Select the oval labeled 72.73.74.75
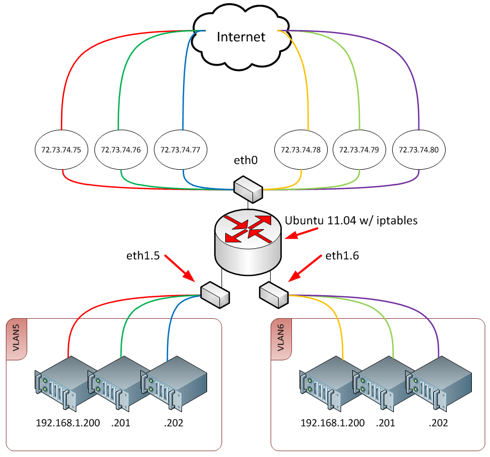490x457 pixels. (x=61, y=150)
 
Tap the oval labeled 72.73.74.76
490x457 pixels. (x=121, y=150)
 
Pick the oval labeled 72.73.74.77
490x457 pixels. (x=180, y=150)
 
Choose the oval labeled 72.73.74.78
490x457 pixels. (x=301, y=150)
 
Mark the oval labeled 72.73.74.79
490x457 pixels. (x=359, y=150)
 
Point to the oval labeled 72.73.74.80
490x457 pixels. (x=418, y=150)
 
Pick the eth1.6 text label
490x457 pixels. (x=342, y=256)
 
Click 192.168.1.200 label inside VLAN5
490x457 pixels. (x=68, y=423)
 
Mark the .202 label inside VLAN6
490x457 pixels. (x=438, y=423)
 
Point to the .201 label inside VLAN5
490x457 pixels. (x=121, y=423)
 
